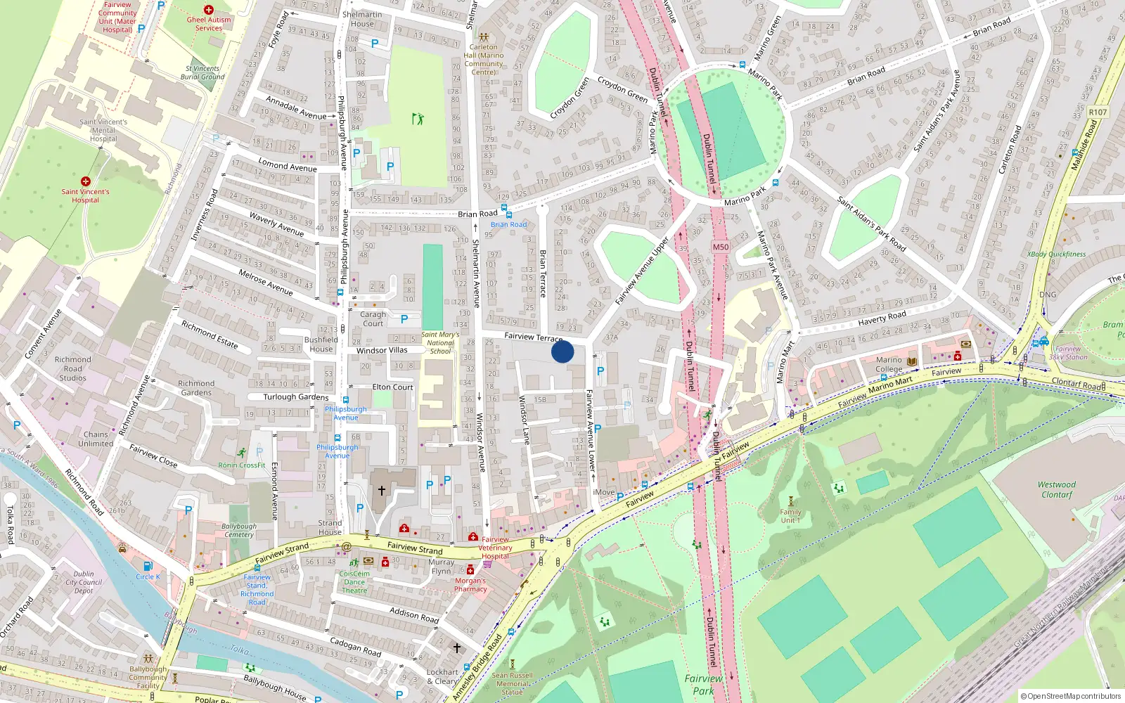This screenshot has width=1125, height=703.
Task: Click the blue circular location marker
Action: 562,351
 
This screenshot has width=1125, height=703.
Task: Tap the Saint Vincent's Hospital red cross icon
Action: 86,181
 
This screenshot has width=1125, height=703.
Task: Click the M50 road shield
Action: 721,247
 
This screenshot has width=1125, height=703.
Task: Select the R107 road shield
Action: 1098,112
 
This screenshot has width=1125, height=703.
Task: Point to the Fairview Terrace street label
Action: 533,337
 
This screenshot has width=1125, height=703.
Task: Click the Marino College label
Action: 889,364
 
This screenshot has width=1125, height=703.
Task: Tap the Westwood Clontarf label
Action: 1057,489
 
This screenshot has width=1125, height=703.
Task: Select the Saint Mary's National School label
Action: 440,343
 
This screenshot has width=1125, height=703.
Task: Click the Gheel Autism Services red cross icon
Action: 208,10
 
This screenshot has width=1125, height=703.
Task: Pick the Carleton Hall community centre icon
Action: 483,37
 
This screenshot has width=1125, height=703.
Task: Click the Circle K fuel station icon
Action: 147,566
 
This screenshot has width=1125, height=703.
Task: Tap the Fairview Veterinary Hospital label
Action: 495,548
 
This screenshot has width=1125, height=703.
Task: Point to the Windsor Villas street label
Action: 382,350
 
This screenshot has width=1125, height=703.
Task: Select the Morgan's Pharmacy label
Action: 470,585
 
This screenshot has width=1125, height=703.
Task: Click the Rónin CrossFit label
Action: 242,465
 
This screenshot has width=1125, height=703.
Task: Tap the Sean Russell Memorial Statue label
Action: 513,683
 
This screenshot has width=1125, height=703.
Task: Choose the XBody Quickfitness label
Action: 1056,254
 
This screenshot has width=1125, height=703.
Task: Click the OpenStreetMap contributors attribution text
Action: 1071,696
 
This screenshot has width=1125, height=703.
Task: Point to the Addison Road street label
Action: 414,615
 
